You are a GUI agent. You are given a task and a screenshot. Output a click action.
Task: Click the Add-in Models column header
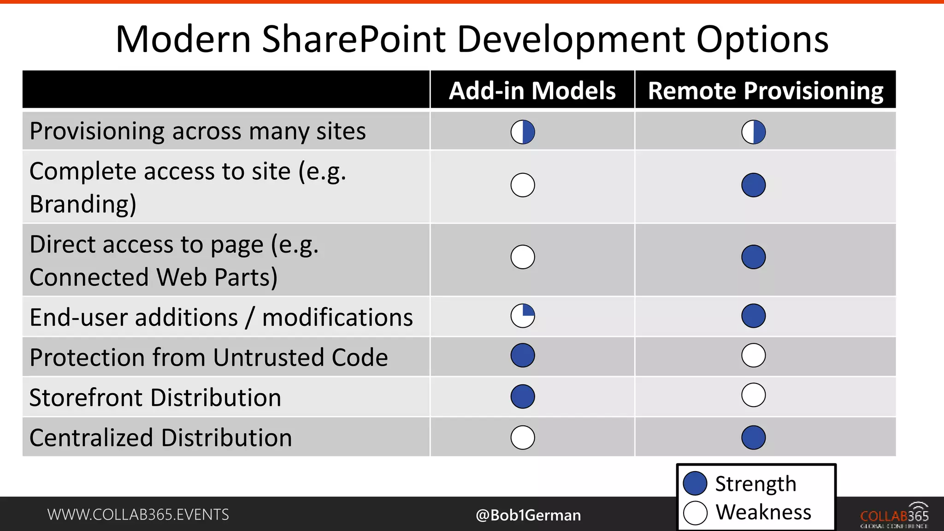532,90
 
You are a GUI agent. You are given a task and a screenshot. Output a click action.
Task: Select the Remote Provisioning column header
765,90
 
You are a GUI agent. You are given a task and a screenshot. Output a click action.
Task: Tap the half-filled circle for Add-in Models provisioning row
523,132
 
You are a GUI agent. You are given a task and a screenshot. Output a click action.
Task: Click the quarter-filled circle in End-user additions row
523,316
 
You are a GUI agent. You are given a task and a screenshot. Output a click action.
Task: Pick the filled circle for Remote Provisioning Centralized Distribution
754,437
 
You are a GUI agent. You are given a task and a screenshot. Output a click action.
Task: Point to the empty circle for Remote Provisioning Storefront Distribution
754,395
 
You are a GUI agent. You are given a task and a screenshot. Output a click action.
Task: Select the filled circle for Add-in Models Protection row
523,355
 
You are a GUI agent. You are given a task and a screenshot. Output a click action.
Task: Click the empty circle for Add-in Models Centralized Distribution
523,437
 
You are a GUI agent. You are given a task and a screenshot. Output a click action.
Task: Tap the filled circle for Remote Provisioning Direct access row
754,257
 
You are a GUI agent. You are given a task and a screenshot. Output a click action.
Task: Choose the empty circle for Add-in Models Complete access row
523,185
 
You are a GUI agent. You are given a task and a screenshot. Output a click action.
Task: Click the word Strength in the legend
755,484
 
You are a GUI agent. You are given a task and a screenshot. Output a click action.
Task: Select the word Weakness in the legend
763,512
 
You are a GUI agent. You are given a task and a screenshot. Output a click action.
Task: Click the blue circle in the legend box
695,484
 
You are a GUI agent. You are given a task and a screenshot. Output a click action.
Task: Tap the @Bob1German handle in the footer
528,515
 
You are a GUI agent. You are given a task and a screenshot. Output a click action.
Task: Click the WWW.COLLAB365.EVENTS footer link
138,514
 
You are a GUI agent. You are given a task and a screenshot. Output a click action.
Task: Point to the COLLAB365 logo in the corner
894,515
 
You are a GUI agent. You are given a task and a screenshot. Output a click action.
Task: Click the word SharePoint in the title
354,39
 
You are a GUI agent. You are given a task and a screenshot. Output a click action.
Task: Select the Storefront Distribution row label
155,397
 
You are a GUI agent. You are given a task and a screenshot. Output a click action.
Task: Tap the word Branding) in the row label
83,204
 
